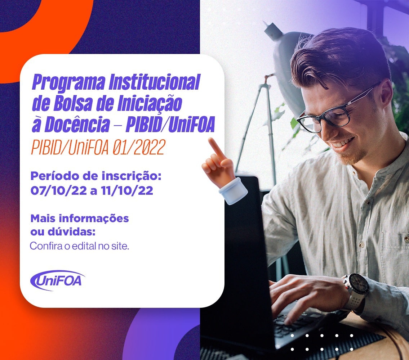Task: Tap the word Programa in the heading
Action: point(69,83)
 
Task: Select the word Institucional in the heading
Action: point(155,82)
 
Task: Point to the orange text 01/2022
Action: point(139,147)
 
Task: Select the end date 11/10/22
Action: point(127,190)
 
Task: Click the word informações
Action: point(94,219)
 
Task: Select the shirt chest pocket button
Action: point(406,239)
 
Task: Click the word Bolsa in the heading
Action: point(73,104)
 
